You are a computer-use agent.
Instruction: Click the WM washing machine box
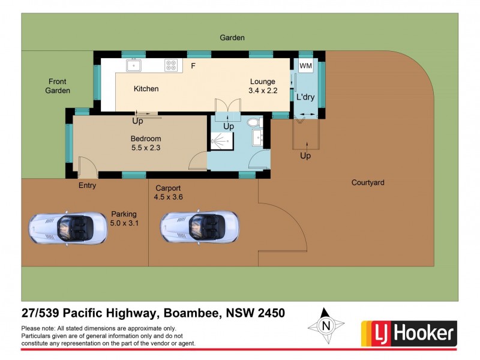[305, 66]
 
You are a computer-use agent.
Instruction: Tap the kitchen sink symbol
[133, 65]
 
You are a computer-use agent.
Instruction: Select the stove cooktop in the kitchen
[172, 65]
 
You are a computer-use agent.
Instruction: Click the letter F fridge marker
[193, 66]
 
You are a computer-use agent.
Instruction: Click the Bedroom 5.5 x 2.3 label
[146, 143]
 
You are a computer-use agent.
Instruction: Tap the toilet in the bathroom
[254, 122]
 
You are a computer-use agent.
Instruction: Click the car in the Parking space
[68, 228]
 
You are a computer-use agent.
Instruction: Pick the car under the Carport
[199, 228]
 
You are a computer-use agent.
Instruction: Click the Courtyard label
[368, 182]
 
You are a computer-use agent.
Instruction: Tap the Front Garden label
[58, 86]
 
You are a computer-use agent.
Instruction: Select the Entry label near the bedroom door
[87, 185]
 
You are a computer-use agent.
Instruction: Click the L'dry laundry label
[305, 97]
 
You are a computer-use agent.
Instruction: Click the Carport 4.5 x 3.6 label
[168, 191]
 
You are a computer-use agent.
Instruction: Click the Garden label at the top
[232, 37]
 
